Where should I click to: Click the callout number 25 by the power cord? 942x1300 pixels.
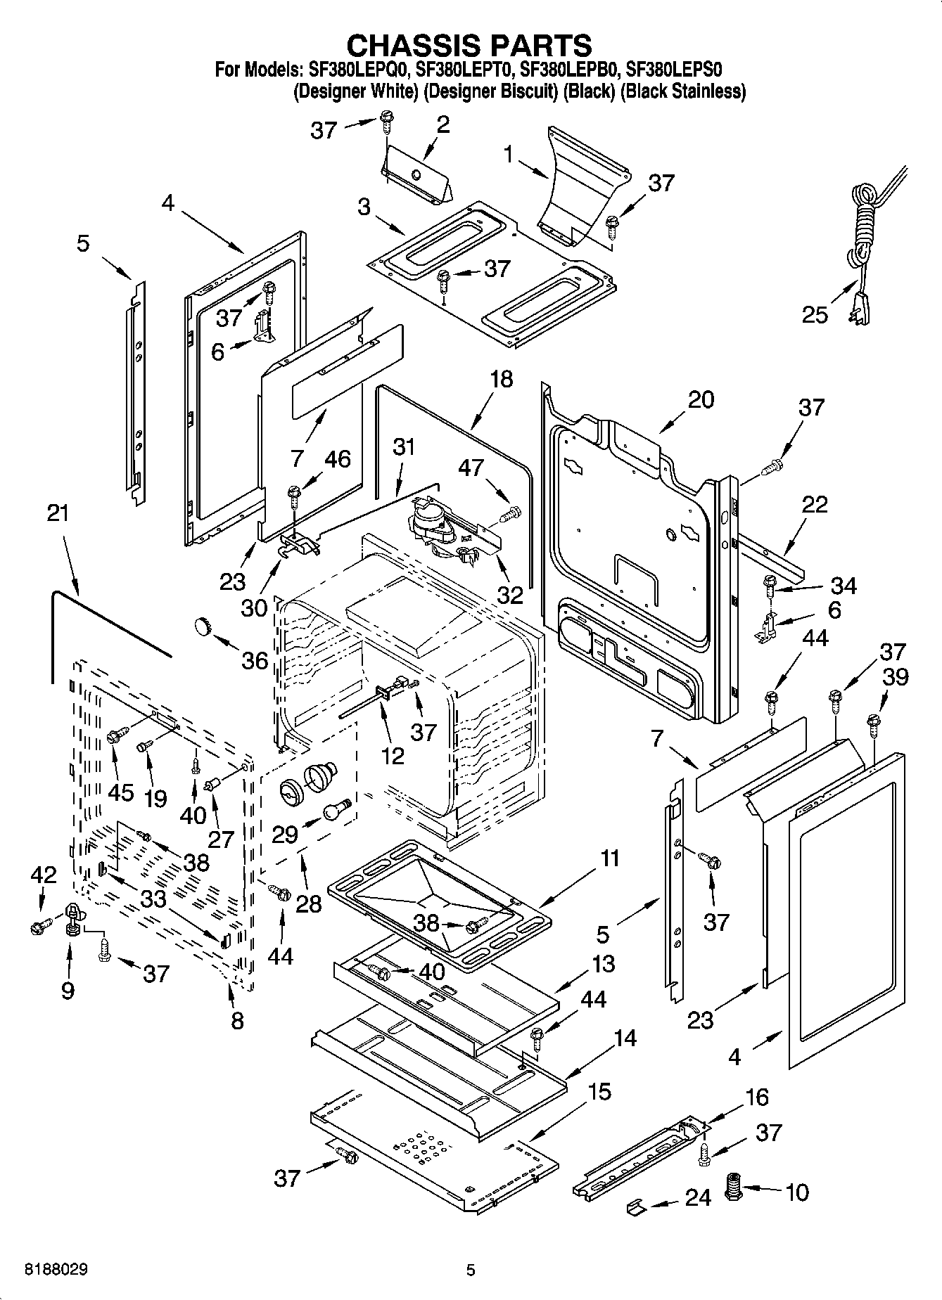(x=815, y=314)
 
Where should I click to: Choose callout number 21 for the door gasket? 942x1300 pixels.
(x=58, y=513)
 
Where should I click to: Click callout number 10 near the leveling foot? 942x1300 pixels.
(x=797, y=1192)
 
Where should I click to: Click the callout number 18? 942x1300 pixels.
(x=501, y=380)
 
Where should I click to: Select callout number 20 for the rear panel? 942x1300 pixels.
(x=701, y=399)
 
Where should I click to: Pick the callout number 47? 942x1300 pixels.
(x=472, y=468)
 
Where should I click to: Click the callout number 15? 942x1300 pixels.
(x=599, y=1092)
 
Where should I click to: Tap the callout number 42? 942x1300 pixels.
(x=43, y=875)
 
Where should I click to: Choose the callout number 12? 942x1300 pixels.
(x=393, y=755)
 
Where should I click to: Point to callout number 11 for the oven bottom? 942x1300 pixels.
(x=610, y=858)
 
